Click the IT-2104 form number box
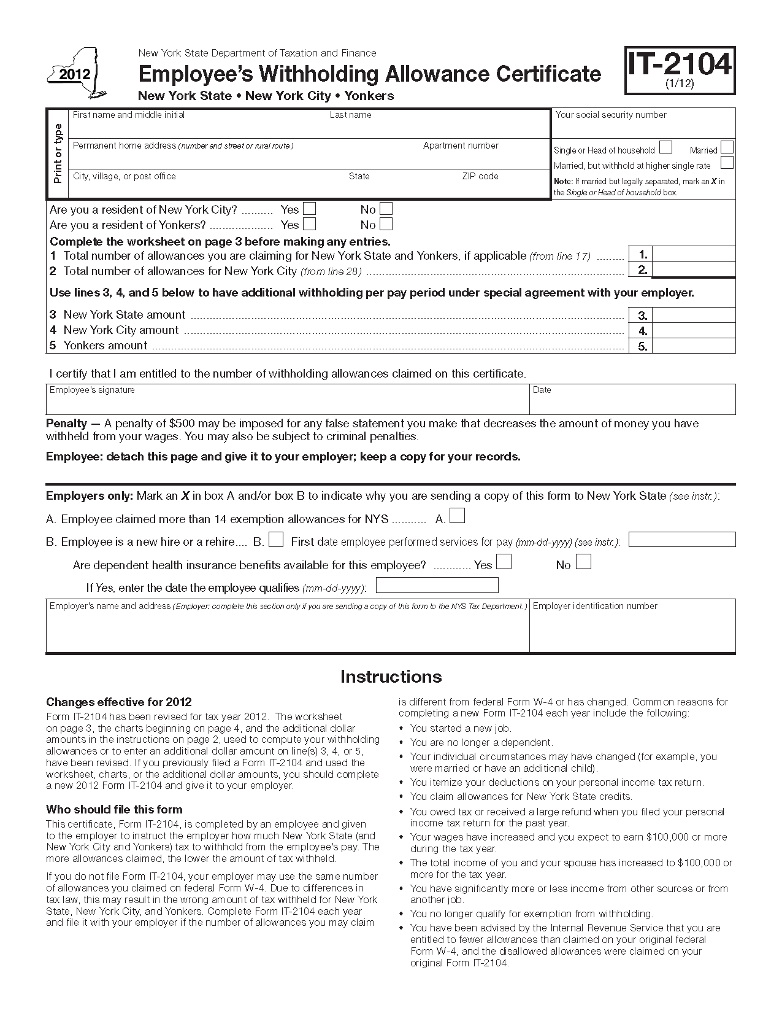pos(680,70)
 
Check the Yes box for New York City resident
pos(310,209)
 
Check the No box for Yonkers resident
pos(386,224)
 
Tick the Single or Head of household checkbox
pos(665,147)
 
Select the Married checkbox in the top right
pos(727,147)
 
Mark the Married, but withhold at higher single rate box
pos(727,163)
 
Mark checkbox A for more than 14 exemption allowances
pos(457,516)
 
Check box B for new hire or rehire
pos(277,540)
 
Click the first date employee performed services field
pos(682,540)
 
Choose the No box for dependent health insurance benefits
pos(584,562)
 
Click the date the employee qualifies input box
pos(437,586)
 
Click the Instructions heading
pos(391,677)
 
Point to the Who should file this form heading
pos(114,809)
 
